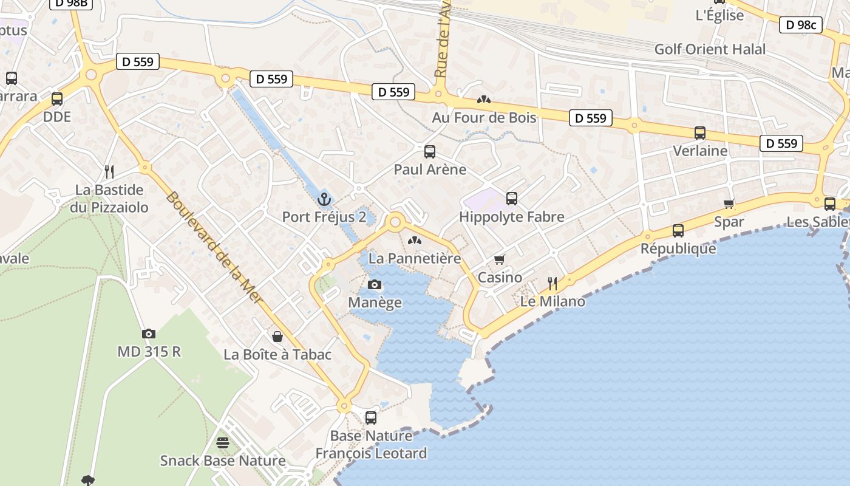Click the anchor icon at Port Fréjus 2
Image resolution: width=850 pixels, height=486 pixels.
(324, 199)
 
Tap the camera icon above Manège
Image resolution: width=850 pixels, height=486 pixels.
(375, 284)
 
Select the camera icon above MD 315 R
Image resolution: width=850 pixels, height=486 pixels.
(149, 334)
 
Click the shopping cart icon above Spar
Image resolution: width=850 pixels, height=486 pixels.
(729, 204)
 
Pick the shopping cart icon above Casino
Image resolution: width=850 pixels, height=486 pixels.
(500, 259)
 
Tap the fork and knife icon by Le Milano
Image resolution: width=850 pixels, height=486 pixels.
(552, 283)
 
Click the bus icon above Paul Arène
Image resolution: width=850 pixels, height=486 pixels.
(430, 151)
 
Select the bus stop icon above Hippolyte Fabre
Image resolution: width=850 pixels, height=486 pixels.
(512, 198)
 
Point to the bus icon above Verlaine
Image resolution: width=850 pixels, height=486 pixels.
(700, 132)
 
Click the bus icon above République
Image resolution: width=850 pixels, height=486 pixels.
(678, 230)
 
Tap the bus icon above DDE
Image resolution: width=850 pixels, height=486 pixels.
(57, 98)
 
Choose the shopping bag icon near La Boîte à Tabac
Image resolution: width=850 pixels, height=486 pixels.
(277, 336)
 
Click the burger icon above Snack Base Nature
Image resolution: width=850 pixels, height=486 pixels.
(223, 442)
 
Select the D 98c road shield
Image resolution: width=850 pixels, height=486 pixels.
(800, 25)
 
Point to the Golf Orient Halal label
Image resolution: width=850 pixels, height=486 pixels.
(710, 49)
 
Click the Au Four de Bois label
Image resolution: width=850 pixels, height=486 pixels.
(484, 117)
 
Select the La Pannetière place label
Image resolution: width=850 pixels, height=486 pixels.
(415, 258)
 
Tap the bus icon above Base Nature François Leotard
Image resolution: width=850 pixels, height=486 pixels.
(370, 417)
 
